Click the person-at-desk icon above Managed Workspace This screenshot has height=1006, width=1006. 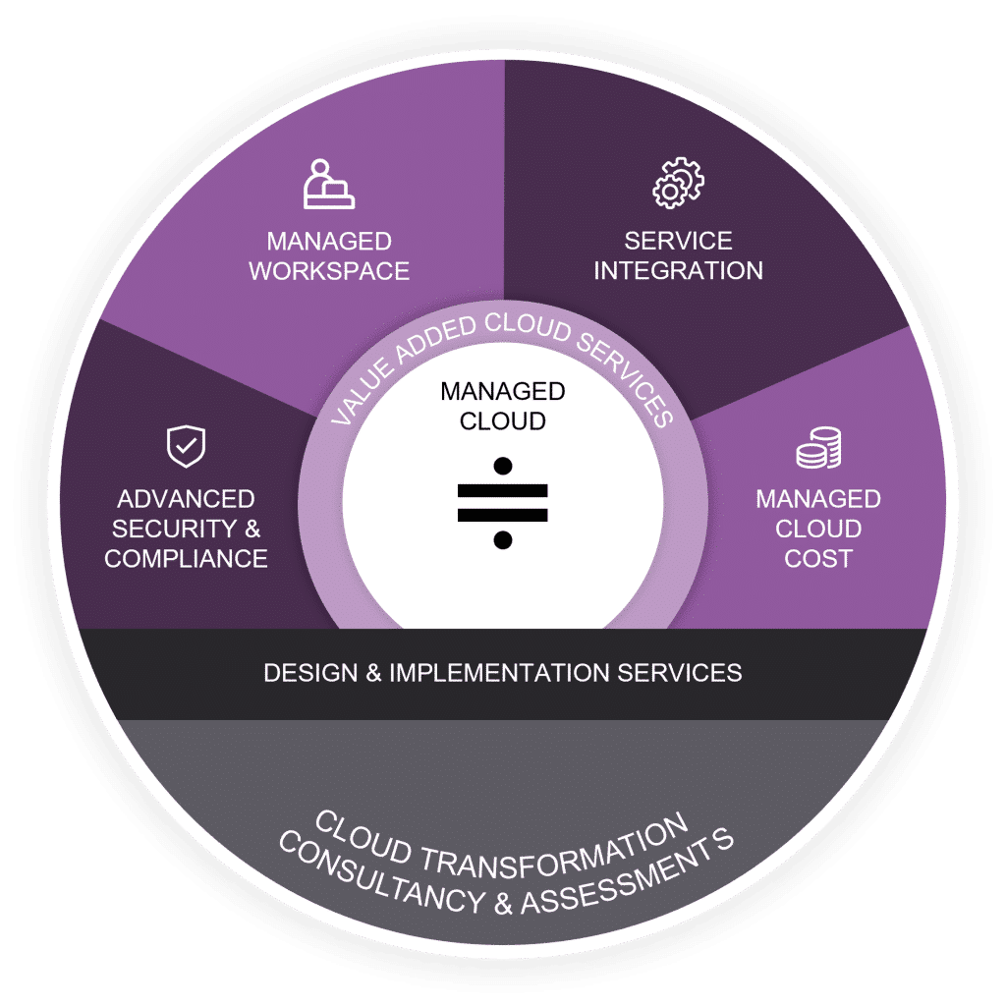coord(329,184)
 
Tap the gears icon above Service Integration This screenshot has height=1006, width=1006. coord(678,182)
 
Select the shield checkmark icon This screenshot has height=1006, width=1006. coord(185,447)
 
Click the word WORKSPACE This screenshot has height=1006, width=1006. coord(329,271)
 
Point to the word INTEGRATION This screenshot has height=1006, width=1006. coord(678,271)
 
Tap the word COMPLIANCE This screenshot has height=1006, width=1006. coord(187,559)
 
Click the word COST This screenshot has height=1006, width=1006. coord(818,559)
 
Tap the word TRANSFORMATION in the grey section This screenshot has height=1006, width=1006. coord(566,843)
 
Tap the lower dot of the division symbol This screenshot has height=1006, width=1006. coord(503,539)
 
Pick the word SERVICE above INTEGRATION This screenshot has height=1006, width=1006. coord(678,242)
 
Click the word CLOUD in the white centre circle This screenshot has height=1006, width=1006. coord(503,421)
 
